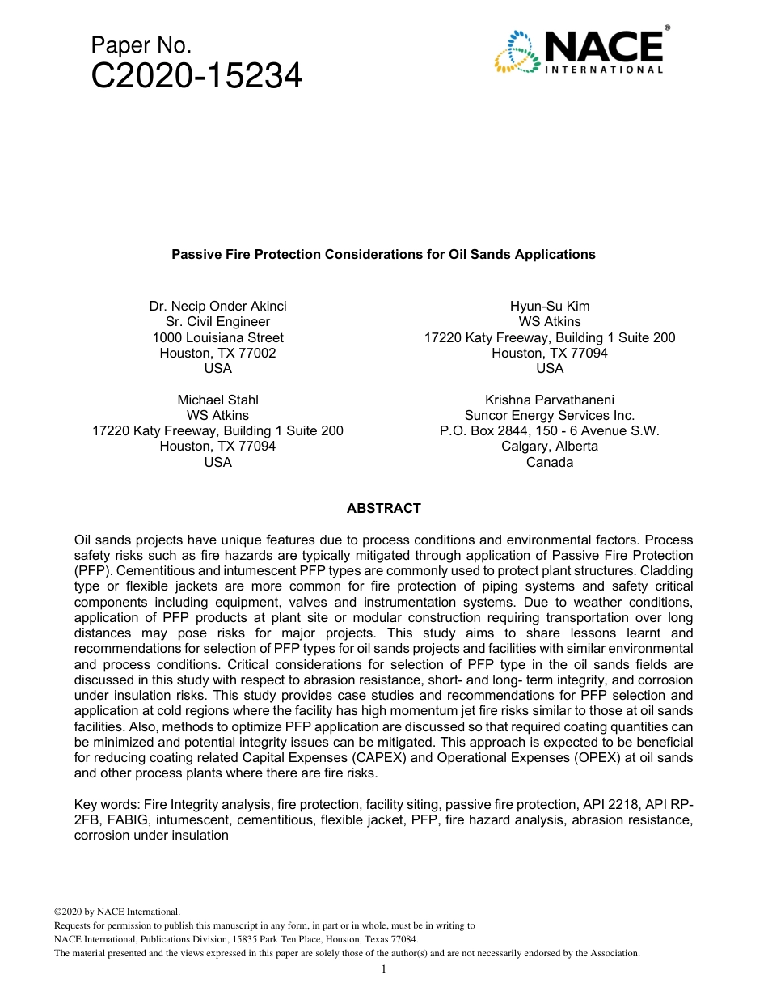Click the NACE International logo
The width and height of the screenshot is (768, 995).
tap(580, 50)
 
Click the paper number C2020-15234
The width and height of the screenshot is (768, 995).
tap(196, 77)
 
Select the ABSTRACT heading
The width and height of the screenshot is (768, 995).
tap(383, 509)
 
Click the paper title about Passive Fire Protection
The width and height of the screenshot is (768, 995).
tap(383, 255)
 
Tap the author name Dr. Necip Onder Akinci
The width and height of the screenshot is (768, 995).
tap(217, 307)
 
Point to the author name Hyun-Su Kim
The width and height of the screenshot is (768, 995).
tap(550, 307)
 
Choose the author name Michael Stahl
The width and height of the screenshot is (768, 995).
tap(217, 400)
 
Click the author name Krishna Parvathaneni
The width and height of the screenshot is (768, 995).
tap(550, 400)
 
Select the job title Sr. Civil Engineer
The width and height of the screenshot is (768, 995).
tap(217, 322)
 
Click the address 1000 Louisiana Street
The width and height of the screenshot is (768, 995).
tap(217, 337)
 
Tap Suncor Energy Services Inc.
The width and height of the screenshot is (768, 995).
tap(550, 416)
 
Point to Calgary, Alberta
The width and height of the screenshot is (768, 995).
tap(550, 447)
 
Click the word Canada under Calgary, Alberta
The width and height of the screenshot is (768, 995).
tap(550, 463)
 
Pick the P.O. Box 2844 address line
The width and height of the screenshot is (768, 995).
tap(550, 431)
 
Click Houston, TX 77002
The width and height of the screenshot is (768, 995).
tap(217, 354)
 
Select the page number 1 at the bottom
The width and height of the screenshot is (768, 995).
tap(384, 969)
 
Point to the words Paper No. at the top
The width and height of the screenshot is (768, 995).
tap(141, 45)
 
